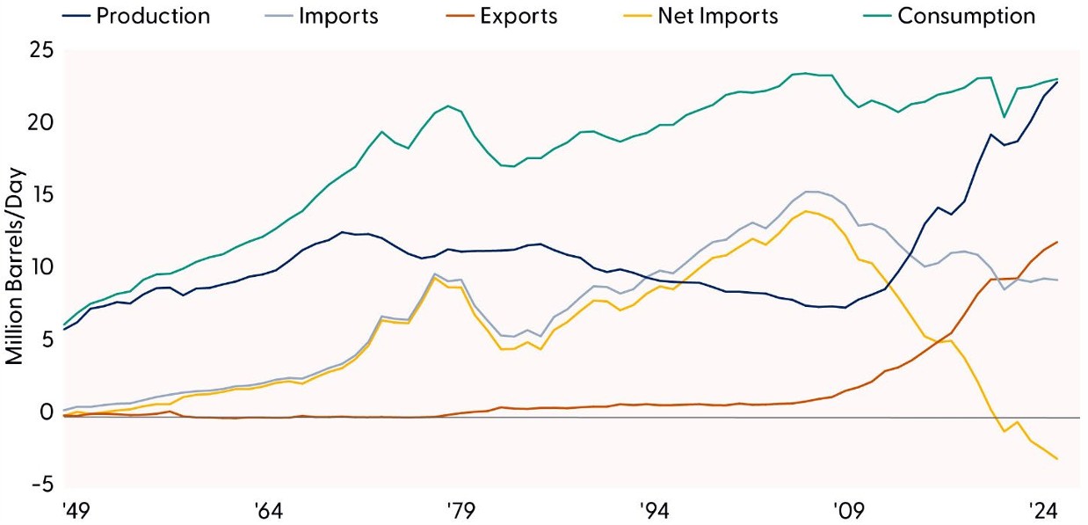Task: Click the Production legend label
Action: pyautogui.click(x=153, y=16)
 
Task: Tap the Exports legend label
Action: pyautogui.click(x=519, y=16)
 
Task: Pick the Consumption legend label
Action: pyautogui.click(x=966, y=16)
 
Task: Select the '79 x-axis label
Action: pyautogui.click(x=460, y=511)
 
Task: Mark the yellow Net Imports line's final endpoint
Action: pyautogui.click(x=1056, y=459)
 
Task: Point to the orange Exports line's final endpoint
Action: pyautogui.click(x=1056, y=242)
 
